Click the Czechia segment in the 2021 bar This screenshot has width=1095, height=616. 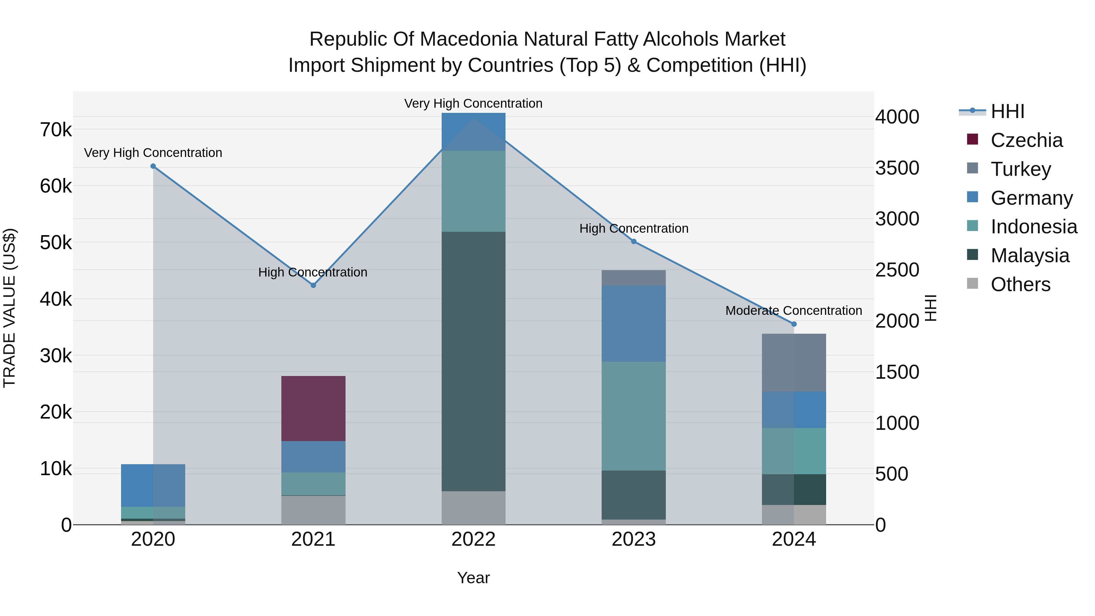click(x=313, y=408)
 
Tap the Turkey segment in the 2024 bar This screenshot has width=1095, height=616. click(x=794, y=362)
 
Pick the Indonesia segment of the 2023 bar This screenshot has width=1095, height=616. click(x=633, y=416)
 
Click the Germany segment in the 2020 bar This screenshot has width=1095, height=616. click(x=153, y=485)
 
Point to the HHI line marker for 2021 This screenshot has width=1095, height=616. click(x=313, y=285)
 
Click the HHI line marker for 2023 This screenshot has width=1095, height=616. click(x=633, y=242)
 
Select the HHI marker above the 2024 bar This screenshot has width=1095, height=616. click(x=794, y=324)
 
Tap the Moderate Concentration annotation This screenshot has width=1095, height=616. click(x=793, y=311)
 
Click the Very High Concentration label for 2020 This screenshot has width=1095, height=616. click(x=153, y=153)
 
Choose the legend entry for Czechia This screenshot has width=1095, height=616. click(x=1026, y=140)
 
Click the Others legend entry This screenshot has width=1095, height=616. click(x=1020, y=284)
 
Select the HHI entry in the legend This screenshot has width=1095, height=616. click(x=1007, y=111)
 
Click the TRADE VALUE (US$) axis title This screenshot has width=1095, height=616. click(x=9, y=308)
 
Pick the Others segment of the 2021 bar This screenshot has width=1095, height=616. click(x=313, y=510)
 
